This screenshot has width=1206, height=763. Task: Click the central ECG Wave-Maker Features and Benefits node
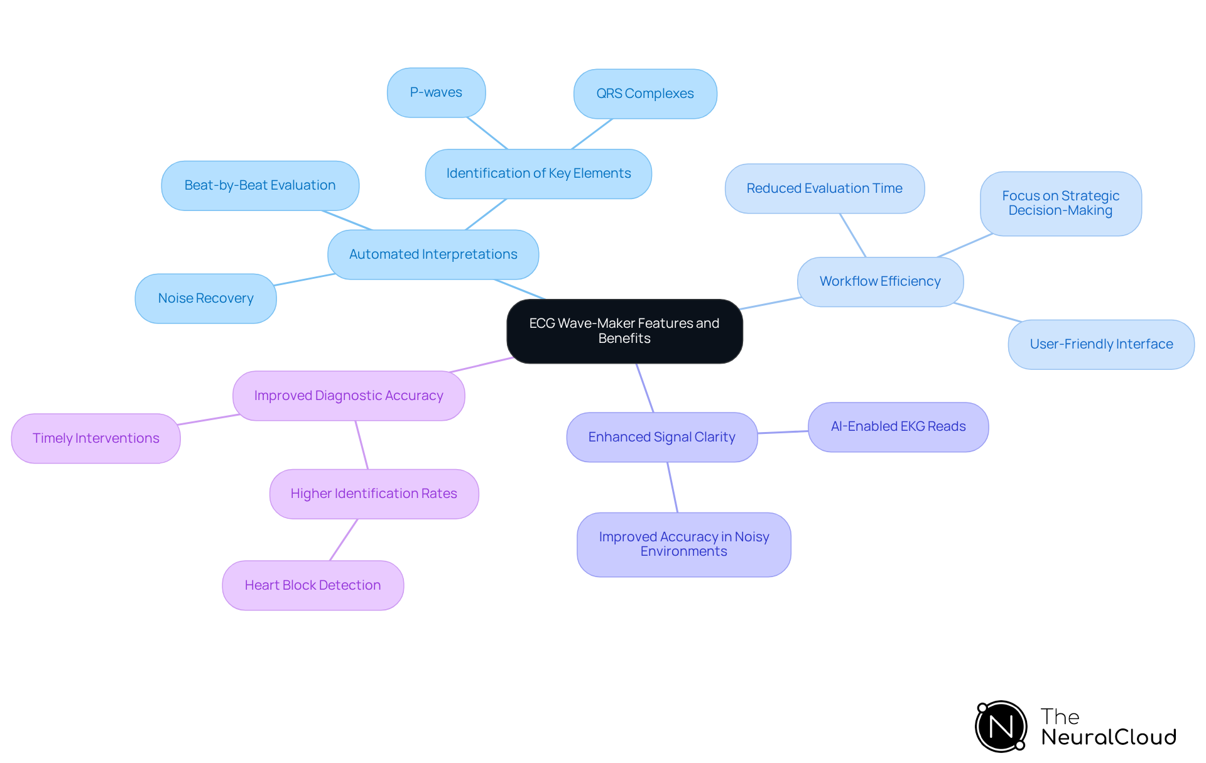click(x=624, y=331)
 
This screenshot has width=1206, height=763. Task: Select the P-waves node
click(x=436, y=92)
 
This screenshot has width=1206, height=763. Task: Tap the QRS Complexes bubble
click(x=645, y=94)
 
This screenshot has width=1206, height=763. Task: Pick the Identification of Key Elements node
click(x=538, y=173)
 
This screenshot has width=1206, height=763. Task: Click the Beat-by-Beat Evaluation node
click(x=260, y=185)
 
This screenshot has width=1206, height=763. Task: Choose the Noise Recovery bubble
click(x=205, y=298)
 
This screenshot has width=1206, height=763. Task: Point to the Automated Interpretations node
click(x=433, y=254)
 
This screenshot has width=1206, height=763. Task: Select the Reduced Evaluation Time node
click(x=824, y=188)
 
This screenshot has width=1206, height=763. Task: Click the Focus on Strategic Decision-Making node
click(x=1060, y=203)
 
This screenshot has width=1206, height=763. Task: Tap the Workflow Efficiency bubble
click(x=880, y=281)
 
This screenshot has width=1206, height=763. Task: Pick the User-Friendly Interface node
click(x=1101, y=344)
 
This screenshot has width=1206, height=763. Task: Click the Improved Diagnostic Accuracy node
click(x=349, y=396)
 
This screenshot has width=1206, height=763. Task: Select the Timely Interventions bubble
click(x=95, y=438)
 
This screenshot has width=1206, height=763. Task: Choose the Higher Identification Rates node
click(x=374, y=494)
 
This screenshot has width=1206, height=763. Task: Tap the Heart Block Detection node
click(x=313, y=585)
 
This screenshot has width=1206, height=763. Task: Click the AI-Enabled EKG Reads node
click(x=898, y=426)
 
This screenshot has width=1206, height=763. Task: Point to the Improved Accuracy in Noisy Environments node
click(x=683, y=544)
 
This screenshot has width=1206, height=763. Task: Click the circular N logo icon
click(x=1001, y=727)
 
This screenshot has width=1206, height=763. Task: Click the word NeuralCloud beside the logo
click(x=1109, y=737)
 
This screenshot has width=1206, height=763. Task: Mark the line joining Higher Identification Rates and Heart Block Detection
click(x=344, y=539)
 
